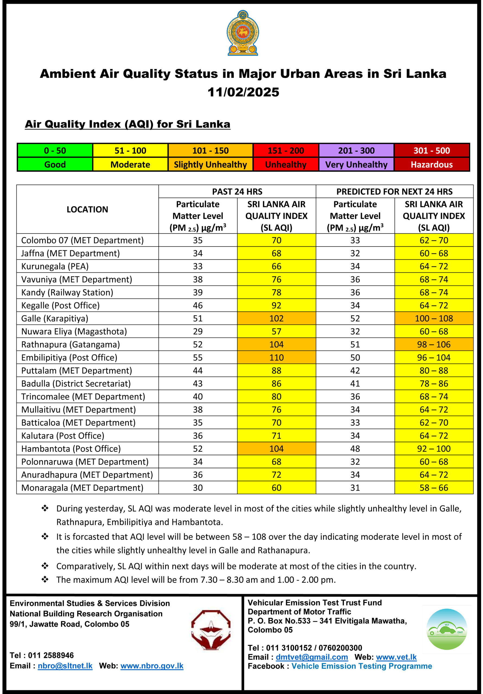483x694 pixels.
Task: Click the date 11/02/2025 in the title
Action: [243, 92]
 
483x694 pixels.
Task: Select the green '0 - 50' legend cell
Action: [55, 150]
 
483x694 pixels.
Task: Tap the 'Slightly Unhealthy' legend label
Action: [210, 165]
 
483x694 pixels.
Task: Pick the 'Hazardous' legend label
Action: [431, 165]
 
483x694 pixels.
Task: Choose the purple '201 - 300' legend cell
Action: [356, 150]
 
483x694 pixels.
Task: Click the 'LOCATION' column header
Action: [87, 210]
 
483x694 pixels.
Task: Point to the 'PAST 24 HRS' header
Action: [237, 192]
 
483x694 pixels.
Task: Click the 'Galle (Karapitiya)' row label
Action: [55, 318]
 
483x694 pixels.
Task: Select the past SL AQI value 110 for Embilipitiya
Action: [276, 357]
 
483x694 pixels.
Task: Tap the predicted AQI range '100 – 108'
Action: [434, 318]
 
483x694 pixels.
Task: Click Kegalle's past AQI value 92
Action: [276, 305]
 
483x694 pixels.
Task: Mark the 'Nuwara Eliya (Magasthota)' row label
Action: [74, 331]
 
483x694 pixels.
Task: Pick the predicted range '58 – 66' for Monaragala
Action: [434, 487]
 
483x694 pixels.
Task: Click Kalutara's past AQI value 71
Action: [276, 436]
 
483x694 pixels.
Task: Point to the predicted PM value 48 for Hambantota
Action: [355, 449]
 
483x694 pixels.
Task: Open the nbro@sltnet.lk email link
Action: [65, 666]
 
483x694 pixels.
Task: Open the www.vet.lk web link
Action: [396, 657]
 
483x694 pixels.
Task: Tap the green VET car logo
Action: [446, 629]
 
